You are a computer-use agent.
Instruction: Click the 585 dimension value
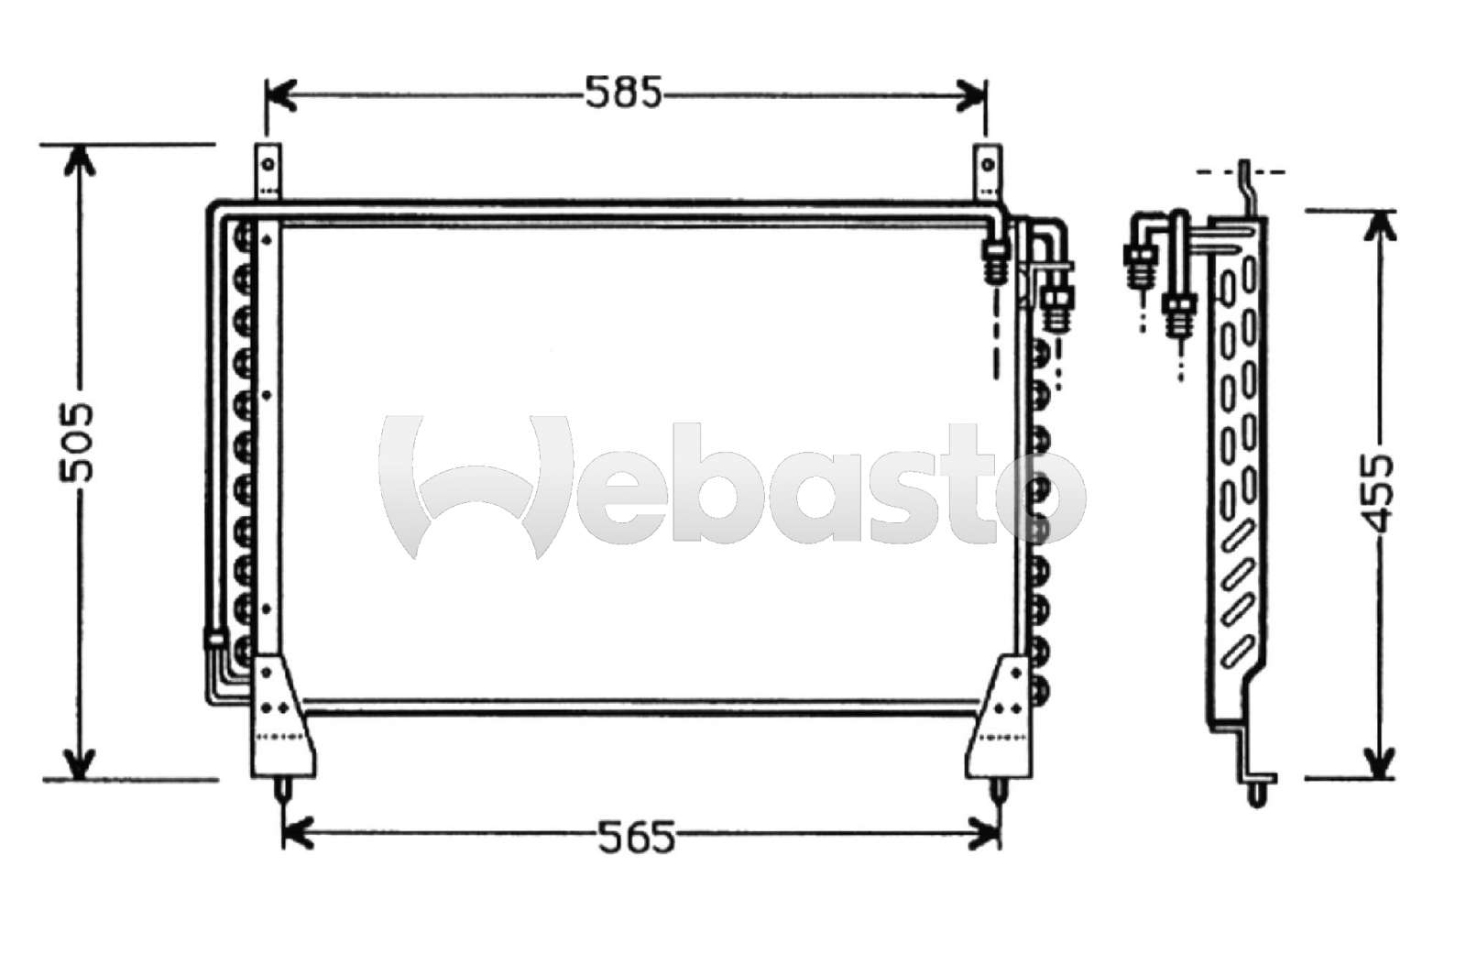[623, 92]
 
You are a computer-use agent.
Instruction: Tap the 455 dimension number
[1376, 492]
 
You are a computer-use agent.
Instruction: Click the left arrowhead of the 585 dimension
[280, 93]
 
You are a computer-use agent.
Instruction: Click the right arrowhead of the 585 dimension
[973, 93]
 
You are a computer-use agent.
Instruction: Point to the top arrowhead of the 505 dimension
[82, 161]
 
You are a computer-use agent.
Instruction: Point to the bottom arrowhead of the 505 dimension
[82, 762]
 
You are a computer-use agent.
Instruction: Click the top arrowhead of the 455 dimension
[1378, 227]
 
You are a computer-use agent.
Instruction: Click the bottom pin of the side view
[1261, 792]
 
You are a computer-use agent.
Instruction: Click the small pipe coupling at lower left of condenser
[213, 639]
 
